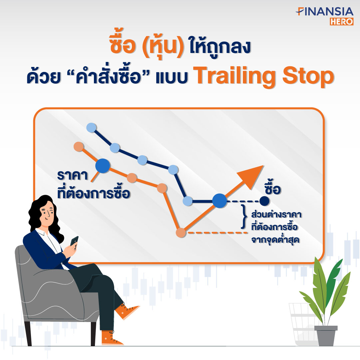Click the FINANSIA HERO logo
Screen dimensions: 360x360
click(325, 16)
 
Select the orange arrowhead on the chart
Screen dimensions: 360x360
click(251, 176)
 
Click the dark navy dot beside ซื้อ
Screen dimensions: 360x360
click(264, 201)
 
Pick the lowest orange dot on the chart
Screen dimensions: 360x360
click(181, 232)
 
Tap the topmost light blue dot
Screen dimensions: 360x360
click(91, 128)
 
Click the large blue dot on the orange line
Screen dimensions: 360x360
click(103, 166)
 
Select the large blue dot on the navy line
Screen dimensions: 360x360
click(220, 201)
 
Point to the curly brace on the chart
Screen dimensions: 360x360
click(244, 217)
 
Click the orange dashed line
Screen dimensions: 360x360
click(217, 233)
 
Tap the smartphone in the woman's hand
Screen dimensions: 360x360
click(74, 241)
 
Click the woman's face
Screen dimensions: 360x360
click(47, 213)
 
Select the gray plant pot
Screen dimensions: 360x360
click(326, 336)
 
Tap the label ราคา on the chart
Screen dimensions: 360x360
click(73, 176)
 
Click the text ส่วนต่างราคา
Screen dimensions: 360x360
click(276, 214)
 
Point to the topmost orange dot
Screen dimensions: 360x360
click(79, 147)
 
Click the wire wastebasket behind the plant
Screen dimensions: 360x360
click(303, 324)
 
